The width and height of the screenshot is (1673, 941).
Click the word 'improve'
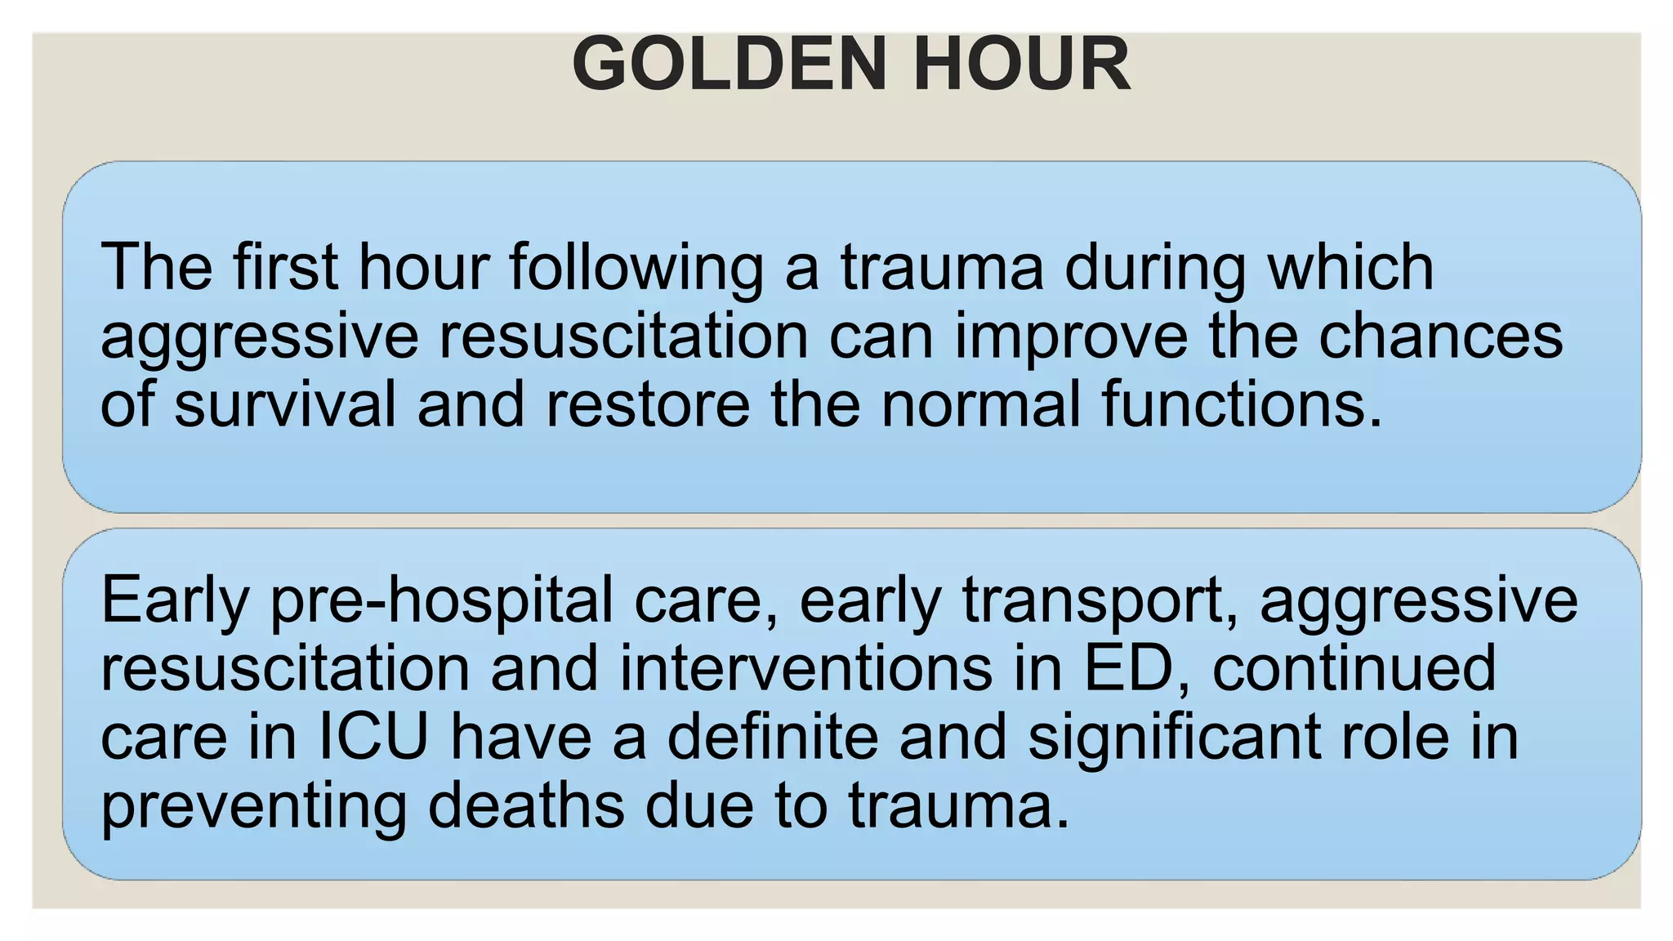[1071, 337]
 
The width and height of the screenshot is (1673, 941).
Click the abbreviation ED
[1135, 668]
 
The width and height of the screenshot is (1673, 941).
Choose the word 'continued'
[1354, 668]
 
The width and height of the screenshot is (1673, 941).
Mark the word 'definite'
[773, 737]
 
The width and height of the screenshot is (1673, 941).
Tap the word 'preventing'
[253, 807]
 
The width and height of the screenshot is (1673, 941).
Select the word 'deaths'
[526, 805]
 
